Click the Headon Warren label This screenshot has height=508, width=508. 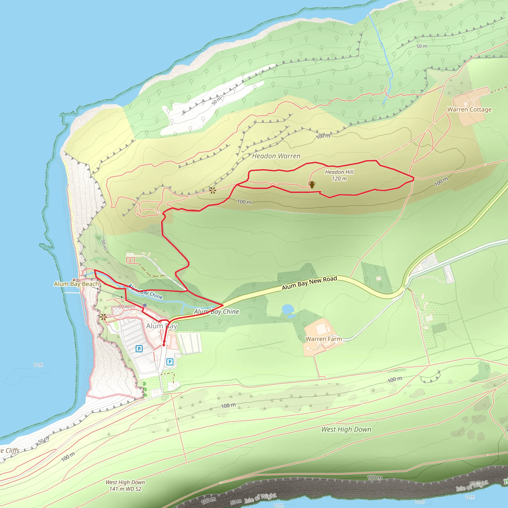point(276,156)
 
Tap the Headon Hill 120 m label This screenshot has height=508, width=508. point(339,175)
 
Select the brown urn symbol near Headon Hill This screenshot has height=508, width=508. point(312,185)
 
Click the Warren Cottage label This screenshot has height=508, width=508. point(469,110)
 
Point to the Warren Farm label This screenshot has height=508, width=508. point(324,339)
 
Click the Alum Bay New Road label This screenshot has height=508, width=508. point(309,283)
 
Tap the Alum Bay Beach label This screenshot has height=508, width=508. point(76,284)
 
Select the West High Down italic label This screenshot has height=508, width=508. point(346,429)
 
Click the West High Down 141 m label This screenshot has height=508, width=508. point(125,485)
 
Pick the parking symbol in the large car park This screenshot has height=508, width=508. point(139,349)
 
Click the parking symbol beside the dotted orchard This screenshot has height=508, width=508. point(170,362)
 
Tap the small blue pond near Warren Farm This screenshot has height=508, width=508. point(287,309)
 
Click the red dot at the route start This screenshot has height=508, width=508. point(164,345)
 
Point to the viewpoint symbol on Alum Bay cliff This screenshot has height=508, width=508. point(103,317)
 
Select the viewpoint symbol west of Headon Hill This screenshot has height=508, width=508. point(213,190)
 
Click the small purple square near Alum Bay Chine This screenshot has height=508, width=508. point(145,305)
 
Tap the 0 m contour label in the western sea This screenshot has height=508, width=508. point(38,365)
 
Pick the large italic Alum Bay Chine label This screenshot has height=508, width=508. point(216,312)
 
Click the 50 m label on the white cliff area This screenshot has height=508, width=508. point(217,101)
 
